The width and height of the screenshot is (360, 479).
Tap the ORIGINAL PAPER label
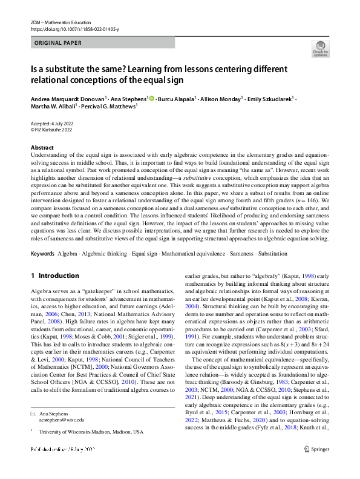(x=59, y=43)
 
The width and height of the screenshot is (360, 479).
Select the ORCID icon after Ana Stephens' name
(x=151, y=98)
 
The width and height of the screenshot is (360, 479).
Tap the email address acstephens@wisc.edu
(x=62, y=418)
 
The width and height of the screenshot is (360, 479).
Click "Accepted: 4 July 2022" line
(x=55, y=123)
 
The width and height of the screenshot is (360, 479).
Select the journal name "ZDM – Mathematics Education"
(x=61, y=22)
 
